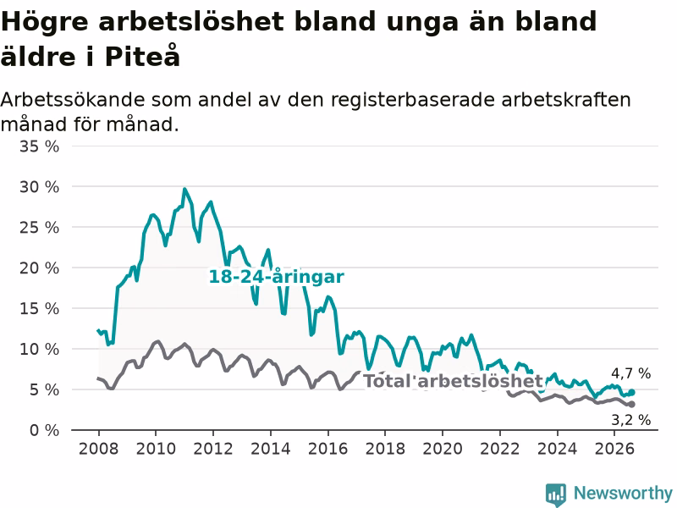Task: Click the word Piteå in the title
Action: tap(142, 56)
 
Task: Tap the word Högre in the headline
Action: tap(45, 23)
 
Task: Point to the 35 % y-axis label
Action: tap(39, 146)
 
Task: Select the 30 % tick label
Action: tap(39, 187)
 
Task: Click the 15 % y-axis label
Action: tap(39, 309)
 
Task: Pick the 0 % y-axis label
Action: tap(44, 430)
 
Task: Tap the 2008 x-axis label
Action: tap(98, 449)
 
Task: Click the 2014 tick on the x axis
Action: tap(271, 449)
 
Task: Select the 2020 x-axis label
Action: tap(443, 449)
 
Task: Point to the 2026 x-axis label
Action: tap(614, 449)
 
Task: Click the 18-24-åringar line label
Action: tap(277, 277)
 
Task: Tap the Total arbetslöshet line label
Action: tap(453, 381)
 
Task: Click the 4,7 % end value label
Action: tap(630, 373)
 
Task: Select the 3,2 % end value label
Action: tap(630, 419)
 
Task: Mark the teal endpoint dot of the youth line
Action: tap(631, 392)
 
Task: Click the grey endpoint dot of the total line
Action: tap(631, 405)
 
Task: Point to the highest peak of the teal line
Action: tap(184, 189)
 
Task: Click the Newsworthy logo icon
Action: tap(556, 494)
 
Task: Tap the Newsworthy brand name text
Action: tap(623, 493)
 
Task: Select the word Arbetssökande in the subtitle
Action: tap(73, 100)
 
